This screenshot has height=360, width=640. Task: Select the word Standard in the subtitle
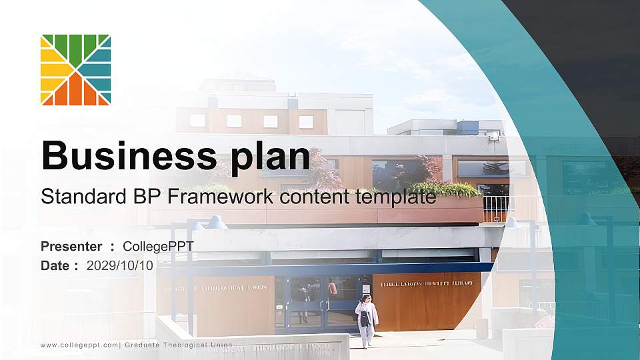[x=77, y=197]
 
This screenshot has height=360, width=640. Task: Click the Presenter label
[x=71, y=247]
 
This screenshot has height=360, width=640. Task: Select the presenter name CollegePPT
[x=158, y=247]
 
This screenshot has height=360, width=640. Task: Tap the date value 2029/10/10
[x=120, y=265]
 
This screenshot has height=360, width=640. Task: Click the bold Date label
[x=55, y=265]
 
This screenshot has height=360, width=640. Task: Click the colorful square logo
[x=75, y=70]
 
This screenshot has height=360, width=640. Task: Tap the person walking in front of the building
[x=366, y=319]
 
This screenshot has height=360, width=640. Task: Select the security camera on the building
[x=493, y=136]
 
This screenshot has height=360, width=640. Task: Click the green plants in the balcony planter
[x=443, y=189]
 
